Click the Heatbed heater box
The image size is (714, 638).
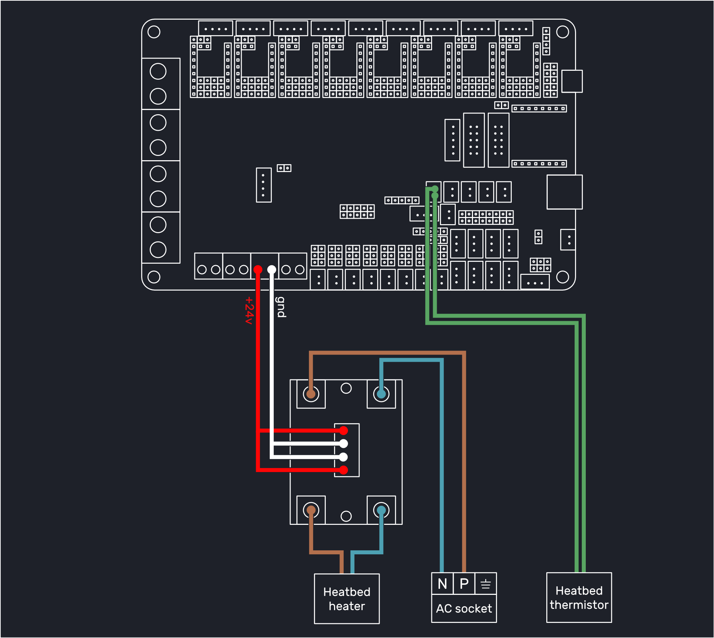coord(347,598)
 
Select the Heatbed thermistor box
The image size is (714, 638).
coord(579,597)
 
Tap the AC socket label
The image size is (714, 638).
coord(464,609)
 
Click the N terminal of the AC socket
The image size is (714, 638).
coord(442,583)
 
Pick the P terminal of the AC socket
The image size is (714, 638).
coord(464,583)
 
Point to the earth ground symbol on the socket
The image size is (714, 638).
coord(486,584)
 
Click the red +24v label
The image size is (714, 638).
coord(249,310)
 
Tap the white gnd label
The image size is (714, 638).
coord(281,307)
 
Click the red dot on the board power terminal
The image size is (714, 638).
coord(258,269)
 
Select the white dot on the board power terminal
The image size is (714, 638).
coord(272,269)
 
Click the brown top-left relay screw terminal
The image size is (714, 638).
coord(311,394)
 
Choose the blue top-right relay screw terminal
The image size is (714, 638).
coord(381,394)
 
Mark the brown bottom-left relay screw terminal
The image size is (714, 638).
coord(311,510)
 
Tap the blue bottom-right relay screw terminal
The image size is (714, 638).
coord(381,510)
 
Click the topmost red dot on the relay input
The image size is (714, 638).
coord(344,430)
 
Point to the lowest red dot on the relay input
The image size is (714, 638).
coord(344,470)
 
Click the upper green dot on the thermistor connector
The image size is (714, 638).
coord(435,189)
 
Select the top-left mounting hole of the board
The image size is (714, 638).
coord(154,32)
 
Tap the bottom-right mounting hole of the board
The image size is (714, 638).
coord(562,277)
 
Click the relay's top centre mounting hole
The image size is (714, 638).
coord(346,388)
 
